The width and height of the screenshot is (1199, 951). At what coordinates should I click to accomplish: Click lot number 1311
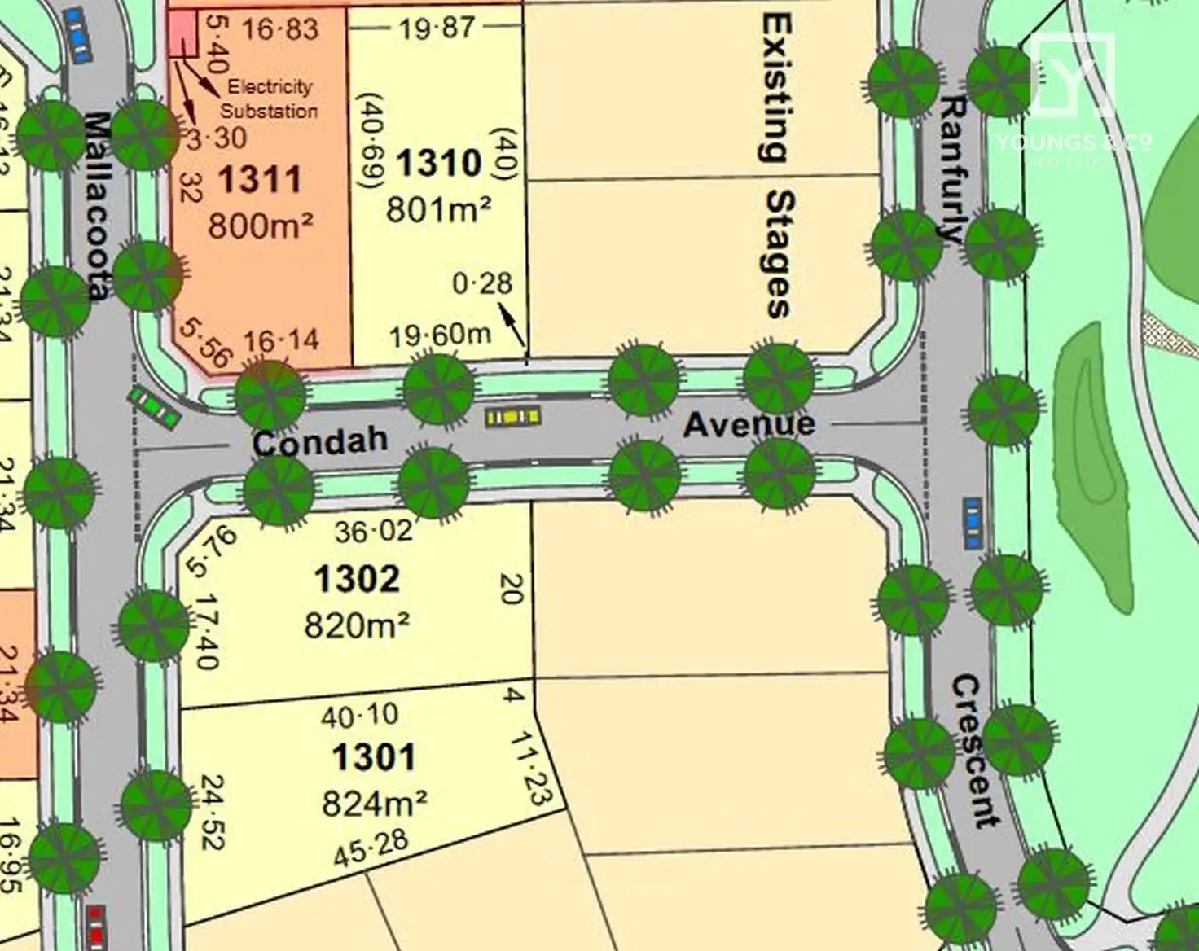(x=260, y=179)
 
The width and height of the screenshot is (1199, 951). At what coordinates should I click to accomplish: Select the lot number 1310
(x=439, y=163)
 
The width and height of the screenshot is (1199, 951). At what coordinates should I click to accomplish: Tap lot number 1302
(x=357, y=580)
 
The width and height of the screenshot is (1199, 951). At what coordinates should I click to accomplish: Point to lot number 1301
(x=374, y=757)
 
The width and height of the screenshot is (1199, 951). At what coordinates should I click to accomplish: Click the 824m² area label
(x=374, y=804)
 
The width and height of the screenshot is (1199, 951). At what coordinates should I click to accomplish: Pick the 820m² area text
(x=357, y=625)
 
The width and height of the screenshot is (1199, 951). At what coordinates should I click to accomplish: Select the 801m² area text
(x=438, y=209)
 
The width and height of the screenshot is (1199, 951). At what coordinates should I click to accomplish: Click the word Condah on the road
(x=319, y=442)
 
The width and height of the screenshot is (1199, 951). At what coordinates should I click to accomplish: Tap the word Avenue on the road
(x=749, y=424)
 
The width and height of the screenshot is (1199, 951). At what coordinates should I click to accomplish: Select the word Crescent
(x=975, y=750)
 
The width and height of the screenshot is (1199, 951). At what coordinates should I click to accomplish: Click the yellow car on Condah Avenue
(x=513, y=418)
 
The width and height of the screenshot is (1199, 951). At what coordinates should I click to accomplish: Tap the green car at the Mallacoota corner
(x=154, y=407)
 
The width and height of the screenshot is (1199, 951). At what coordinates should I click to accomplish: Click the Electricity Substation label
(x=269, y=99)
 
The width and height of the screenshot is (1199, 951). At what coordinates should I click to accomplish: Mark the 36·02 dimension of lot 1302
(x=373, y=532)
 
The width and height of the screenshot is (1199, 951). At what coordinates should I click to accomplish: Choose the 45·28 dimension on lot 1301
(x=371, y=848)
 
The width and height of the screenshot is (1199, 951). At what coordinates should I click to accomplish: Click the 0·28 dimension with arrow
(x=482, y=283)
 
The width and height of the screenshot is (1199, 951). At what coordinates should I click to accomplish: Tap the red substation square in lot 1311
(x=182, y=34)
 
